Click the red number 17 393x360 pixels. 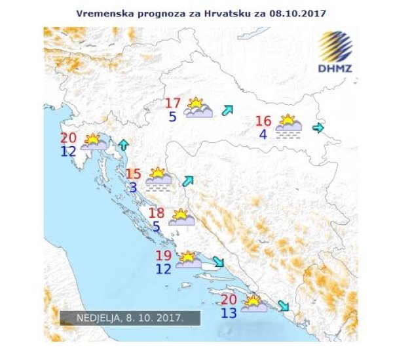(172, 104)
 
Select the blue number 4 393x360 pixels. (263, 135)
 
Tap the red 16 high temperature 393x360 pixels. (263, 121)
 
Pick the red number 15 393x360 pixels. (134, 174)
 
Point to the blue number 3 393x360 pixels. (133, 188)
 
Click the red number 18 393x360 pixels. (157, 213)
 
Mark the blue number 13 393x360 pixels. (229, 313)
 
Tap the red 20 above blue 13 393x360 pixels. (229, 300)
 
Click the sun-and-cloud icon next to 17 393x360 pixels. (198, 108)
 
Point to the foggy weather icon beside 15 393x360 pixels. (158, 178)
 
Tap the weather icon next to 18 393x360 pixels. (181, 217)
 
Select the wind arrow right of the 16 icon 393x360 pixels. (318, 127)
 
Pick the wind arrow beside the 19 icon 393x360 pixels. (218, 262)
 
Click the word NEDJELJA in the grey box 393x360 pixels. (97, 317)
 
